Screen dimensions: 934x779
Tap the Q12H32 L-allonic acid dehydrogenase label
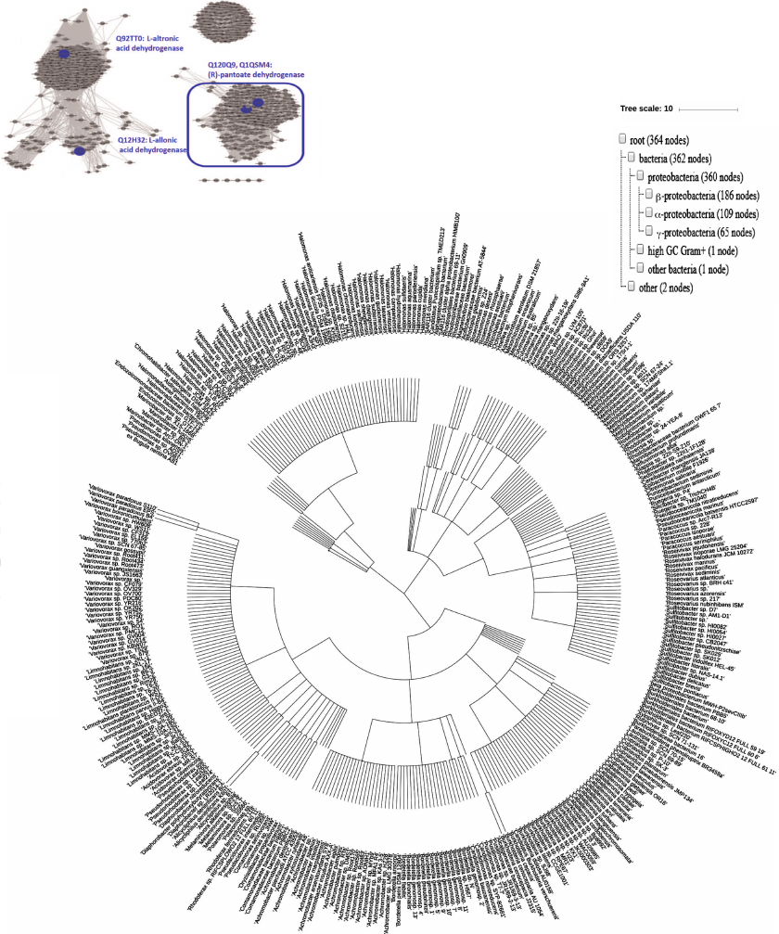(151, 144)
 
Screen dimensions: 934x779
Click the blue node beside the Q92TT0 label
(64, 56)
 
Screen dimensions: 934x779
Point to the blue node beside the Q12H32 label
(81, 148)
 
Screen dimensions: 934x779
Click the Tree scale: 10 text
(646, 109)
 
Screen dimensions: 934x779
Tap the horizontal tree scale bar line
(709, 109)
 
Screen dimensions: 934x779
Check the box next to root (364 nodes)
(622, 139)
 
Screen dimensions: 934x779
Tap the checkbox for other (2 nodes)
(631, 288)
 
